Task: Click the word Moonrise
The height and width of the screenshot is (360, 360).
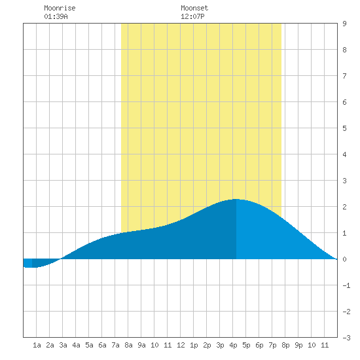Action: pos(60,8)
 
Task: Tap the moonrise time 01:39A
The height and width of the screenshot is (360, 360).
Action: pos(56,16)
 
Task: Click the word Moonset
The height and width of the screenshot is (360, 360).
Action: pos(194,8)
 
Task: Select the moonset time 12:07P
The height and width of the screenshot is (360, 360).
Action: pos(192,16)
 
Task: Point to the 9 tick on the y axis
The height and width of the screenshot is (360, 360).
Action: pos(344,24)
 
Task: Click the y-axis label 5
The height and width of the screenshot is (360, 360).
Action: pos(344,128)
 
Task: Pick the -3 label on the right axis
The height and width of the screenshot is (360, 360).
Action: pos(346,338)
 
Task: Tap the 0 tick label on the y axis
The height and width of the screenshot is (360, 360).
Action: pos(344,259)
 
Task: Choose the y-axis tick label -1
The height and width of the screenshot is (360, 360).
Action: pos(346,285)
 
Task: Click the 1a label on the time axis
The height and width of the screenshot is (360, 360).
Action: pos(37,345)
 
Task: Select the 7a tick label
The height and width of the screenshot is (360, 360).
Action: pos(115,345)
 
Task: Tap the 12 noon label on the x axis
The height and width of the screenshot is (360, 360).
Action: pos(181,345)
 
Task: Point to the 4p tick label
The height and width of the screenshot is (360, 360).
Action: pos(233,345)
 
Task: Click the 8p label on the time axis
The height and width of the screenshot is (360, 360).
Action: pos(285,345)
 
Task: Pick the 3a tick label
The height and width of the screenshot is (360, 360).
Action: pos(63,345)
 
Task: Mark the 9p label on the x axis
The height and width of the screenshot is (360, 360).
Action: pos(298,345)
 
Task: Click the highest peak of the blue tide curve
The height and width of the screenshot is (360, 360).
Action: pos(236,199)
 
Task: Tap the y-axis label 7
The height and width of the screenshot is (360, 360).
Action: pos(344,76)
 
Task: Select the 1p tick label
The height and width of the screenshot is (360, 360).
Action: pos(194,345)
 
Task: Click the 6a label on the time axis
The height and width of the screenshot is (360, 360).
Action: pos(102,345)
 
